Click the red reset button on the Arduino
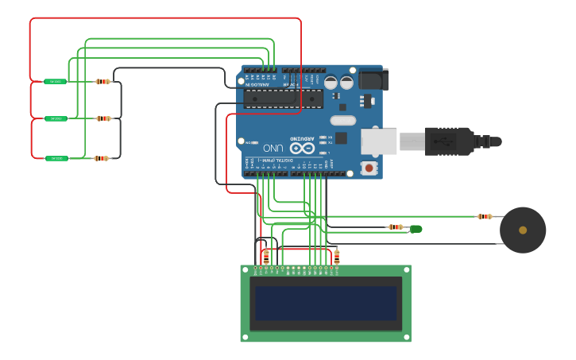369,168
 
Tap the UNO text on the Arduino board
273,148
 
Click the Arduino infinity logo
302,148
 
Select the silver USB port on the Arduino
378,141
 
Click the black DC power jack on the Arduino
373,79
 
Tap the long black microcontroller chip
283,99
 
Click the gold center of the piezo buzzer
523,230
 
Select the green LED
415,229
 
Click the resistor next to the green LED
395,227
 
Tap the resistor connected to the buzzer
484,216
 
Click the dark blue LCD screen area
326,303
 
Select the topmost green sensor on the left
55,81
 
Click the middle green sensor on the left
55,118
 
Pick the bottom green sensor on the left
55,158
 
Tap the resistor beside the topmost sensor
102,81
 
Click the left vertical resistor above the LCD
266,256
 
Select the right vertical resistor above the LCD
337,256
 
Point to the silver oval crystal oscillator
342,120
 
